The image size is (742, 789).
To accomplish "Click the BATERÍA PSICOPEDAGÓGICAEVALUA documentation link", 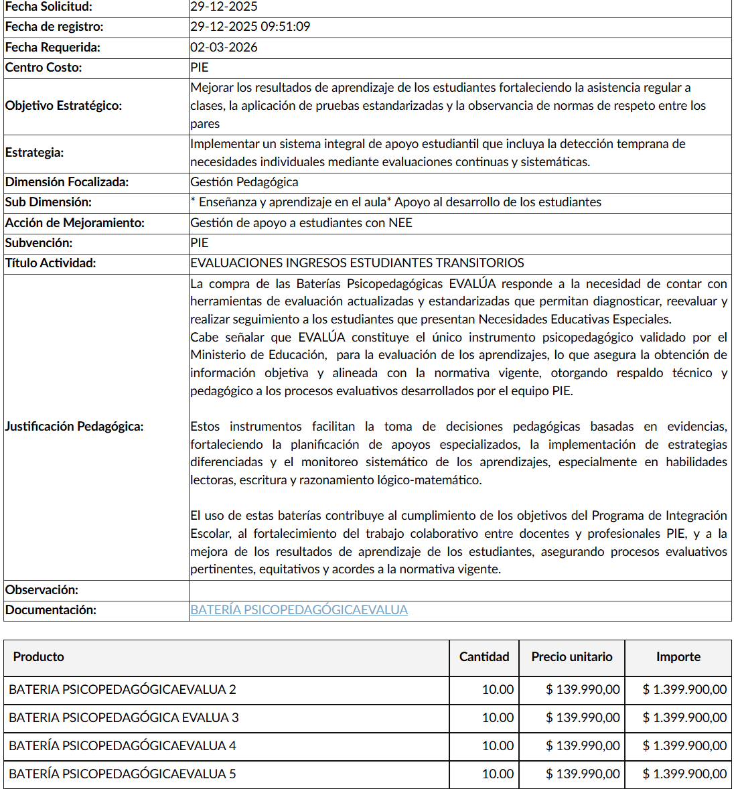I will [x=299, y=610].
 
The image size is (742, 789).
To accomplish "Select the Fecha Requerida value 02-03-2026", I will [x=224, y=48].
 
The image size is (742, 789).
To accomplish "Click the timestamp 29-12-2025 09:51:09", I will [x=250, y=27].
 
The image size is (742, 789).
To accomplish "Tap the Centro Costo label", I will [x=43, y=68].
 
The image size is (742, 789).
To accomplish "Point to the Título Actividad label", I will [x=50, y=263].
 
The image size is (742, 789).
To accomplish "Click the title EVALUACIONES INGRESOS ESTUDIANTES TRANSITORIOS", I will [x=357, y=263].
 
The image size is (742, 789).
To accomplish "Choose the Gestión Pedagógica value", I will [x=244, y=182].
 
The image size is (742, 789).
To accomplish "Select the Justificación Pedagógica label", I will [x=74, y=427].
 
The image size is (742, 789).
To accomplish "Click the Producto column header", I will [x=38, y=657].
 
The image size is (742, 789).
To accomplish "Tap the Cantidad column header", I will [x=484, y=657].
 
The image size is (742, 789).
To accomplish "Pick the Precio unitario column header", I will [x=572, y=657].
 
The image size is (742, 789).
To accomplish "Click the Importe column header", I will [x=678, y=657].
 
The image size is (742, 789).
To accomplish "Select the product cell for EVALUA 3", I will [x=123, y=718].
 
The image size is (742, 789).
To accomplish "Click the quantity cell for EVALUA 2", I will [x=498, y=690].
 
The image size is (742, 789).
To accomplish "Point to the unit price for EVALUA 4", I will [x=583, y=746].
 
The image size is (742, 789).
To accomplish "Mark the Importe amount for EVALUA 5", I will [x=684, y=774].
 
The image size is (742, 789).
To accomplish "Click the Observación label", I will [x=42, y=590].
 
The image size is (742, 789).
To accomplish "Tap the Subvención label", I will [x=38, y=243].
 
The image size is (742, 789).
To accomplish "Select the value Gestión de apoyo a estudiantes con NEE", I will [x=301, y=223].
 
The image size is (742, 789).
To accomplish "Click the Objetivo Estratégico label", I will [x=63, y=106].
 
